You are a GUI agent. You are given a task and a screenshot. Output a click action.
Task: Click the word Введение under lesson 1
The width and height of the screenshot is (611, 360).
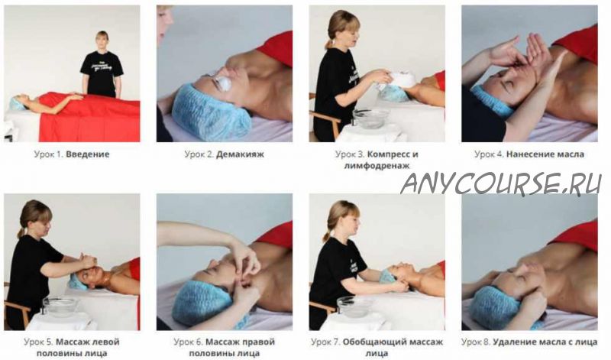coord(87,154)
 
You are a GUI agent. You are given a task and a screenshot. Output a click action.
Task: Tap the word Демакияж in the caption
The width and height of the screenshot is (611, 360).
coord(240,154)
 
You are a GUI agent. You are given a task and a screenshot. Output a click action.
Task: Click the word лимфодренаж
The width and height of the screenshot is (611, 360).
coord(377,165)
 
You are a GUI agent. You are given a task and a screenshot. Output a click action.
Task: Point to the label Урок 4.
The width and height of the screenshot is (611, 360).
coord(490,154)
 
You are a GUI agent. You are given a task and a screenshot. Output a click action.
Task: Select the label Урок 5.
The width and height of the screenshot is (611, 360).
coord(38,342)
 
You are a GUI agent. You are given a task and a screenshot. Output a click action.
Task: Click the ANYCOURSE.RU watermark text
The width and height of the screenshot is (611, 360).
coord(501,183)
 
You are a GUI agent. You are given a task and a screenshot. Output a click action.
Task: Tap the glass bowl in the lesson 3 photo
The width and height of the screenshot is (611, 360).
coord(370,118)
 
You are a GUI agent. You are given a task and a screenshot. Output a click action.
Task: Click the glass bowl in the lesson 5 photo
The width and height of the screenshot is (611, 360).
coord(60,306)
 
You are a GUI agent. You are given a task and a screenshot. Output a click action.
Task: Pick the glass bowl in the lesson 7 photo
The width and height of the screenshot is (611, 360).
coord(354,306)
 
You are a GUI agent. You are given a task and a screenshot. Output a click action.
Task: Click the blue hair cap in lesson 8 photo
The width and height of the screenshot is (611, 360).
coord(496,307)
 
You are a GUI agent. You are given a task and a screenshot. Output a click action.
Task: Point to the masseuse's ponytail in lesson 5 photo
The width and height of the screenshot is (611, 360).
coord(21,231)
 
